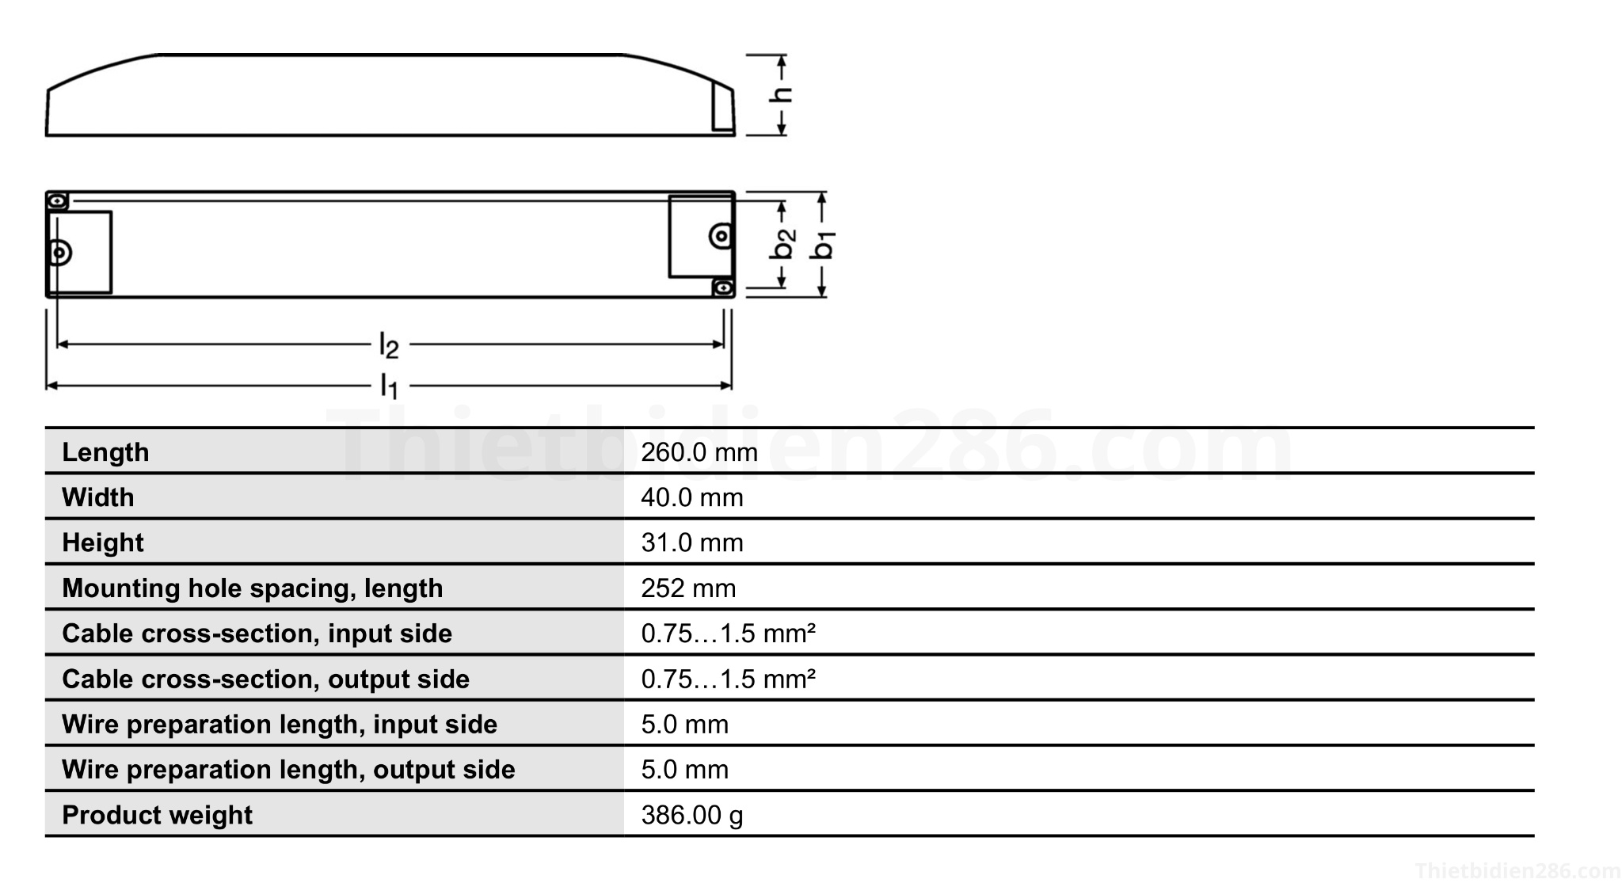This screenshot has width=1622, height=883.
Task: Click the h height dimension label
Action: (781, 95)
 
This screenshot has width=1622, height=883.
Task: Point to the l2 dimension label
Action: (389, 346)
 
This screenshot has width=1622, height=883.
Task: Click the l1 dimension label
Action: (389, 386)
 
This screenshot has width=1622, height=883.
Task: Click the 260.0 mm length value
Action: (699, 452)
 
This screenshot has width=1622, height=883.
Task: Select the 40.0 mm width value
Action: (691, 497)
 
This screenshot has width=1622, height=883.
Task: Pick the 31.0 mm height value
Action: (691, 542)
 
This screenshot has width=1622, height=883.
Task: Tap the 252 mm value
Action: (688, 588)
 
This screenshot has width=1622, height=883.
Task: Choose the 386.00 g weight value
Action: (691, 815)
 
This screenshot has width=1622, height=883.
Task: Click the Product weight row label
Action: (157, 815)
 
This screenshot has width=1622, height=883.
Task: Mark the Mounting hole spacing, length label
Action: (252, 588)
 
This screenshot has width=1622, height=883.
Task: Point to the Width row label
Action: (98, 497)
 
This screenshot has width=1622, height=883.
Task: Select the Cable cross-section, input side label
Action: (257, 634)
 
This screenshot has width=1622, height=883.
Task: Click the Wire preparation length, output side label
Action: (288, 770)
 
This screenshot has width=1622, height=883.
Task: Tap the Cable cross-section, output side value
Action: (728, 679)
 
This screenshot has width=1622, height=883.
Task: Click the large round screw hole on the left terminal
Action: (59, 253)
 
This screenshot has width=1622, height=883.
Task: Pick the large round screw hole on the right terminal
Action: (720, 236)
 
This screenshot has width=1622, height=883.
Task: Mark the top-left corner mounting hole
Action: (58, 201)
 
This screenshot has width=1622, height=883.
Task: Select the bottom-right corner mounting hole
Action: (722, 287)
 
